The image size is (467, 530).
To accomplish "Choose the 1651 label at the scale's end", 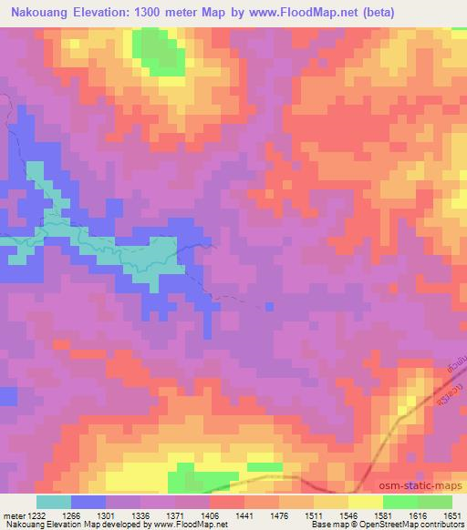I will point(452,515).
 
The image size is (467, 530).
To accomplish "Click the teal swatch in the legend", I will point(54,502).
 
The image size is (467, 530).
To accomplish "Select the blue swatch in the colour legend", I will point(88,502).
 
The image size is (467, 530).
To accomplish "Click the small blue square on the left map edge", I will point(8,396).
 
